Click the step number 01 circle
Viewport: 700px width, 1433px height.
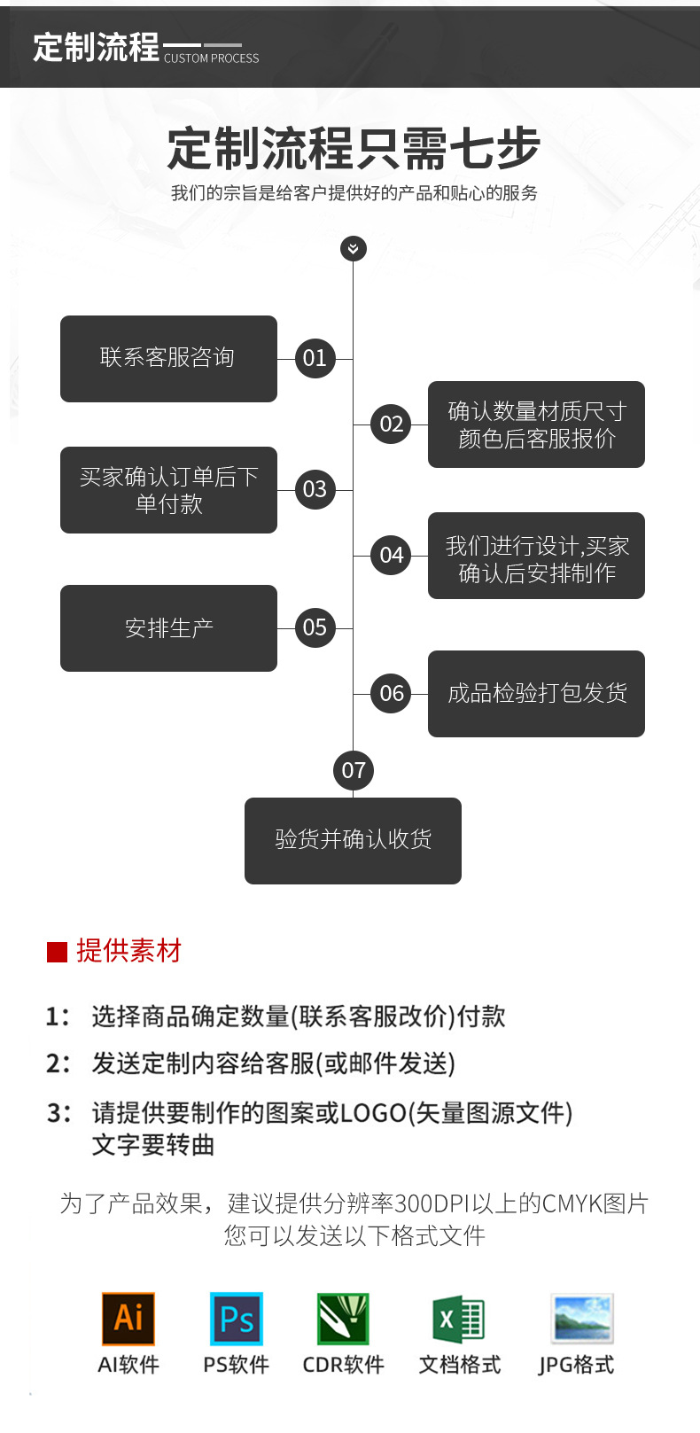315,358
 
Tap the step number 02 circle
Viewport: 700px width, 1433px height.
391,424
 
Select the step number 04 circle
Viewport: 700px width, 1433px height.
391,555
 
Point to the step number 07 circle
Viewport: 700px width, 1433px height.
353,770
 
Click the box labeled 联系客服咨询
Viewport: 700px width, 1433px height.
168,358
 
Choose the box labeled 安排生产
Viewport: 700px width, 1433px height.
168,627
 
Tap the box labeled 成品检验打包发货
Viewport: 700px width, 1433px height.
536,693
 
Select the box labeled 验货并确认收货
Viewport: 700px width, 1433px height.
353,840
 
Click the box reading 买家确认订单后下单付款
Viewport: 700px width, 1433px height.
168,489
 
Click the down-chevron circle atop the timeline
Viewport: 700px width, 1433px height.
353,248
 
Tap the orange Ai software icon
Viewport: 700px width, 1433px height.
128,1318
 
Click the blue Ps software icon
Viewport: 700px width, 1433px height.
236,1318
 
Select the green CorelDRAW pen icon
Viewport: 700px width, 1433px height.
343,1318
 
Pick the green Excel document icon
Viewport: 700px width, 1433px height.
458,1318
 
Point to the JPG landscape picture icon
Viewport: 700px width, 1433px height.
581,1318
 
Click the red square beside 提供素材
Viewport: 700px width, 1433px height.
57,952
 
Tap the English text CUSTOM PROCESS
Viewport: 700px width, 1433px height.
211,58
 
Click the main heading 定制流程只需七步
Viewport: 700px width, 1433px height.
353,148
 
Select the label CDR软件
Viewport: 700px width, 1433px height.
343,1365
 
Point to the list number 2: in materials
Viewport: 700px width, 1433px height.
58,1063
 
